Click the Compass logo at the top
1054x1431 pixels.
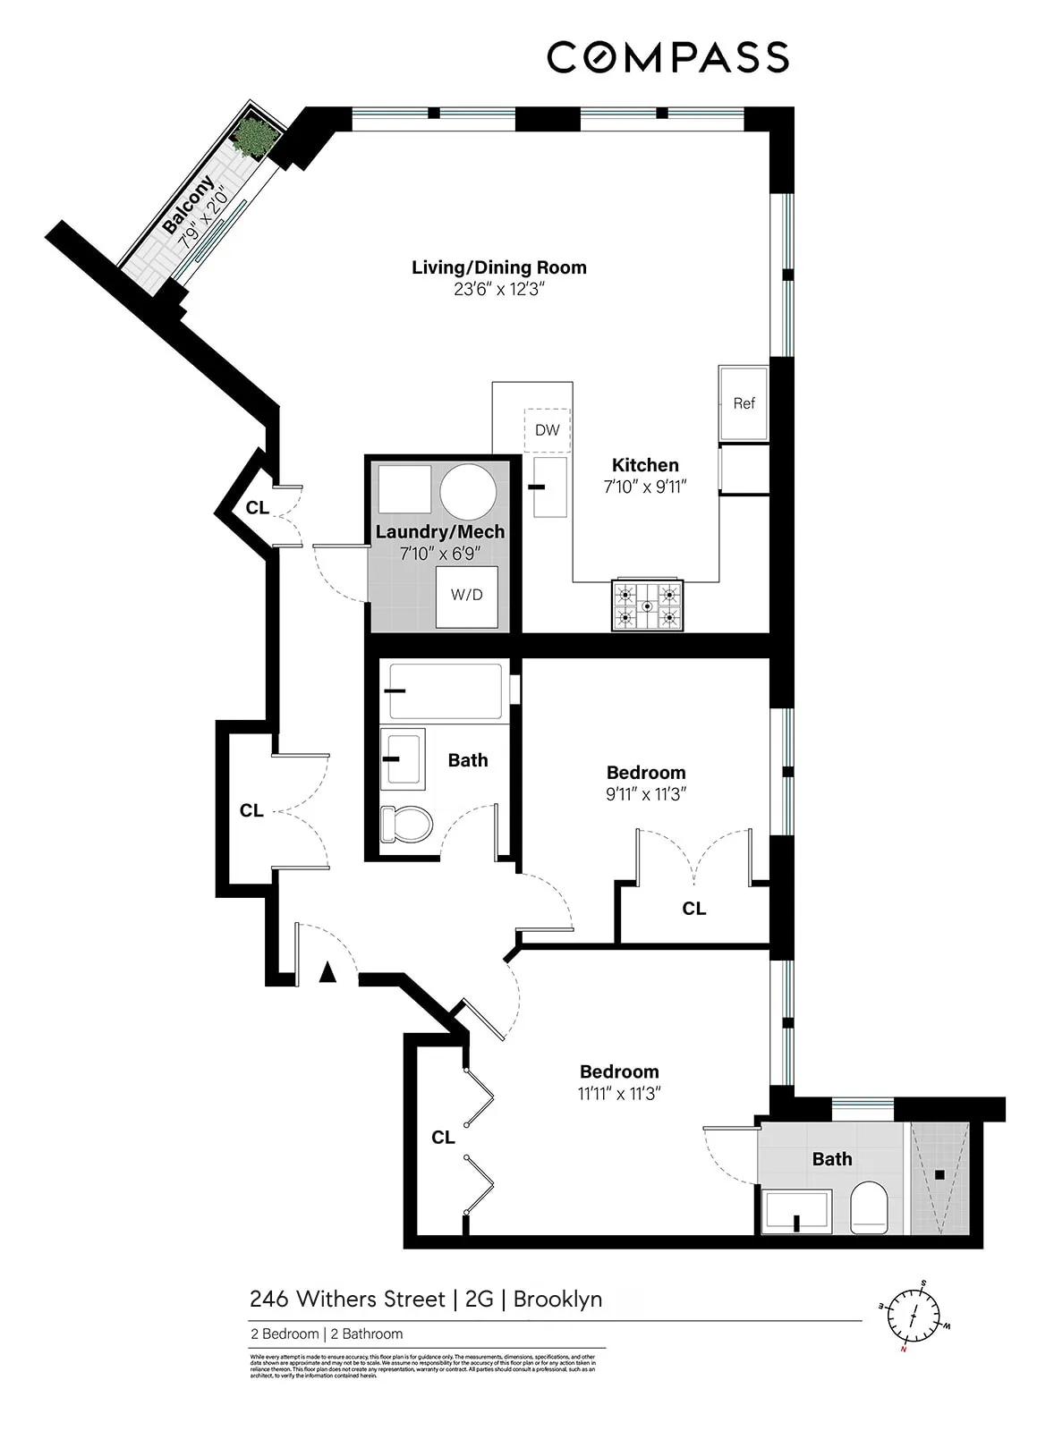tap(667, 57)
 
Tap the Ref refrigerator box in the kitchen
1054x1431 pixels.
tap(744, 403)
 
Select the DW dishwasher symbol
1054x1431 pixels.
tap(547, 430)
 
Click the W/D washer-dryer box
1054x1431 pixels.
tap(466, 595)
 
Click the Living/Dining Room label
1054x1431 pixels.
tap(498, 267)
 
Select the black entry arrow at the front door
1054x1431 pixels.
tap(327, 972)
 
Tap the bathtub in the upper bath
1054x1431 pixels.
tap(444, 690)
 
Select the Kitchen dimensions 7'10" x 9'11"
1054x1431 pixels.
tap(644, 487)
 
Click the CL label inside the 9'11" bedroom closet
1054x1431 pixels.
tap(693, 909)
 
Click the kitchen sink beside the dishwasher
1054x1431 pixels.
tap(549, 487)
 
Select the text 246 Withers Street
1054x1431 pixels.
tap(346, 1299)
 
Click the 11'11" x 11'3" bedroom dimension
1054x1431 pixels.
tap(618, 1094)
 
